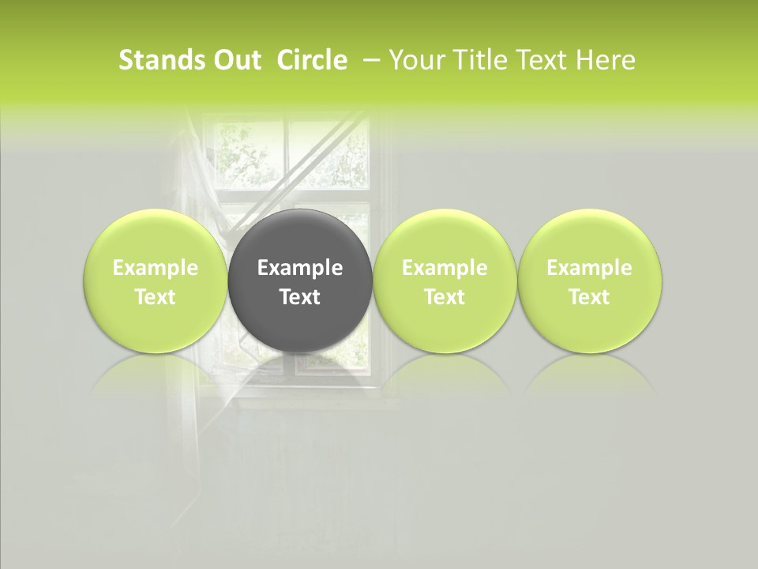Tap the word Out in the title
[235, 60]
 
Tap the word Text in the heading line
[542, 60]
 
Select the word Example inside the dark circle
[300, 268]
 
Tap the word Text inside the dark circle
[300, 297]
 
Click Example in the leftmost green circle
[155, 268]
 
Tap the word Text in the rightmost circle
[590, 297]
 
